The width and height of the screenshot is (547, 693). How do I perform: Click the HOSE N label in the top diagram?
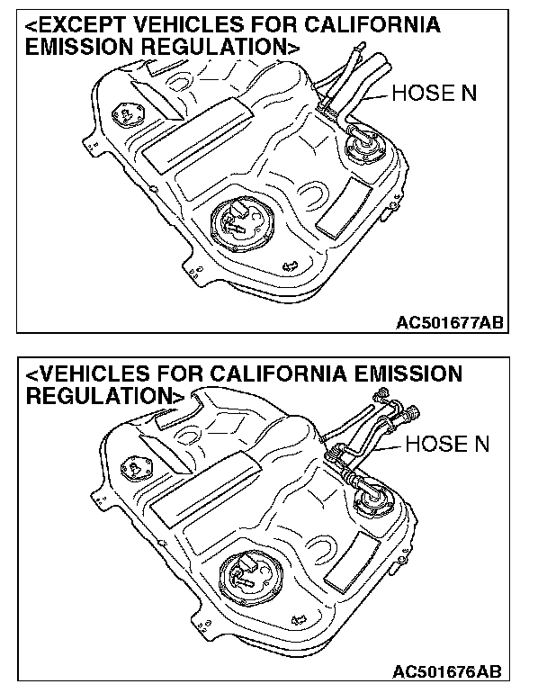click(434, 94)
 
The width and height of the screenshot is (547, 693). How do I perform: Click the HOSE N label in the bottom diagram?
click(447, 444)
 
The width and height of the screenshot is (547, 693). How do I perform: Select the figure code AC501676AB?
click(446, 673)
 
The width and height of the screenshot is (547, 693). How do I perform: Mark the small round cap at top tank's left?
click(121, 115)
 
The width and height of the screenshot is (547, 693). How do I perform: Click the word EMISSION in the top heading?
click(78, 48)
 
